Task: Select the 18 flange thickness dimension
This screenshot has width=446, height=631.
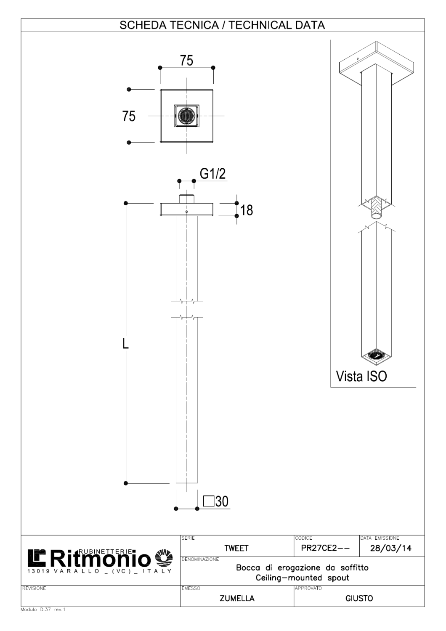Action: pyautogui.click(x=247, y=209)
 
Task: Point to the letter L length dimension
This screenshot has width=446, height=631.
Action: pyautogui.click(x=125, y=343)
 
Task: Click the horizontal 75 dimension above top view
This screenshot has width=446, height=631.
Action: pyautogui.click(x=186, y=61)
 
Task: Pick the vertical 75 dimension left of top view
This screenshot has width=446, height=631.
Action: pyautogui.click(x=129, y=116)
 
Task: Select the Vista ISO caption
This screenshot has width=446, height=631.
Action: pyautogui.click(x=361, y=376)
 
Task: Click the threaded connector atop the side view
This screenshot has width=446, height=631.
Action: pyautogui.click(x=186, y=199)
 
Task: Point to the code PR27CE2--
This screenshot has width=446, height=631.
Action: pyautogui.click(x=326, y=548)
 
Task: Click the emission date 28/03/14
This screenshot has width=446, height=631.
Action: pyautogui.click(x=391, y=548)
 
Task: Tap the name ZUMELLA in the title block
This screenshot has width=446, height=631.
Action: pyautogui.click(x=237, y=599)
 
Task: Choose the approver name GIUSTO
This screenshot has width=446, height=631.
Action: pyautogui.click(x=359, y=599)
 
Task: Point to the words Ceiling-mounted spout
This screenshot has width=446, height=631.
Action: pyautogui.click(x=302, y=578)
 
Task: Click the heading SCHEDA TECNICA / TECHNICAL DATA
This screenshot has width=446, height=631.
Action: pyautogui.click(x=222, y=25)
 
